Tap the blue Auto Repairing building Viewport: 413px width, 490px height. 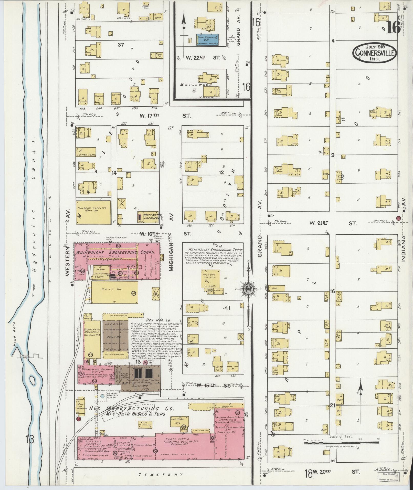(208, 39)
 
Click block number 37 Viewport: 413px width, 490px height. (121, 45)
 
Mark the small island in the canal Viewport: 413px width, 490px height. (33, 380)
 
